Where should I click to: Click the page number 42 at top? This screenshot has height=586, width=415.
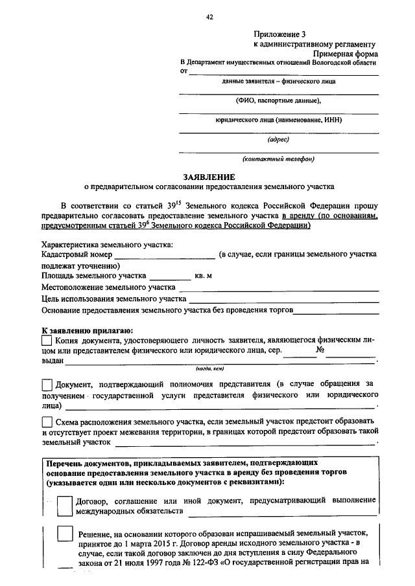click(209, 17)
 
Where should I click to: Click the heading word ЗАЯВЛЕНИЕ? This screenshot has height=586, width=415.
click(208, 176)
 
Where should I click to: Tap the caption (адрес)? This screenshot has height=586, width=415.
click(278, 139)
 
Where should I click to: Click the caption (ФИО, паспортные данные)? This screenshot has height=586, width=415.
click(278, 101)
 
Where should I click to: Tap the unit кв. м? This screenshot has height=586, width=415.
click(204, 276)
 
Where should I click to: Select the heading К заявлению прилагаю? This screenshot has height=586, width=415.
click(87, 330)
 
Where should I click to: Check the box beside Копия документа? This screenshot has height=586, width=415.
click(46, 339)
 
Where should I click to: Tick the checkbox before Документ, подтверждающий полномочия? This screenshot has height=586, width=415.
click(47, 385)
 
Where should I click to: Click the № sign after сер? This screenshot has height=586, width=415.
click(319, 350)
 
